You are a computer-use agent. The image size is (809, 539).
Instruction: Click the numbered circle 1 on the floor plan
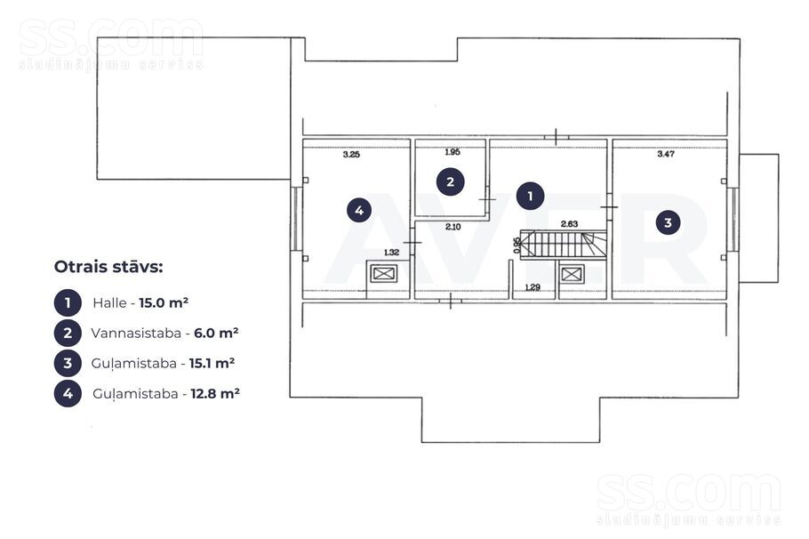[x=530, y=196]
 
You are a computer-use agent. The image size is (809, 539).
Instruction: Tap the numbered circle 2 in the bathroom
[x=451, y=181]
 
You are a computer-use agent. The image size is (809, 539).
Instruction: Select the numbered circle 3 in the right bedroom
[x=668, y=222]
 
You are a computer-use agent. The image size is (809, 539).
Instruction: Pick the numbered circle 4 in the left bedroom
[x=359, y=210]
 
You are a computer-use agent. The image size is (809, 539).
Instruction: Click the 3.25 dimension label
[x=351, y=155]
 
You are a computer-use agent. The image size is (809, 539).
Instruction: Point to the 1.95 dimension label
[x=453, y=152]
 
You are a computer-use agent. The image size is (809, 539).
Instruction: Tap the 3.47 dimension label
[x=666, y=154]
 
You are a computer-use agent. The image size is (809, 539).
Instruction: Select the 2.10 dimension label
[x=453, y=227]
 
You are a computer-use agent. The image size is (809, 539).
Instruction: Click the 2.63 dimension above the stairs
[x=569, y=224]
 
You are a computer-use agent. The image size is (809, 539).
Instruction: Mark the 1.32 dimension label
[x=391, y=253]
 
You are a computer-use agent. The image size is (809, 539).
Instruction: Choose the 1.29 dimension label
[x=533, y=287]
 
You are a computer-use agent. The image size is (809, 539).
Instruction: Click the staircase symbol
[x=563, y=245]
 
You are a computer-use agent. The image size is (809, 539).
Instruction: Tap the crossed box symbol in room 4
[x=384, y=274]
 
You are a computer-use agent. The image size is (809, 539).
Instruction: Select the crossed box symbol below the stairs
[x=572, y=274]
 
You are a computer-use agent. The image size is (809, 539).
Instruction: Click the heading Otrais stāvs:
[x=108, y=267]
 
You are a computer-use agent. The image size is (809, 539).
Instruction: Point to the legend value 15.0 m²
[x=164, y=302]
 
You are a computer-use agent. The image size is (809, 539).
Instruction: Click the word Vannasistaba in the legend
[x=136, y=333]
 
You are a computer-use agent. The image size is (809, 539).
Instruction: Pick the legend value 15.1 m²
[x=212, y=363]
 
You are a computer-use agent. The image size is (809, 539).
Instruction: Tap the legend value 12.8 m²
[x=215, y=393]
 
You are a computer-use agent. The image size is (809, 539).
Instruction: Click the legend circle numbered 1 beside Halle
[x=68, y=302]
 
